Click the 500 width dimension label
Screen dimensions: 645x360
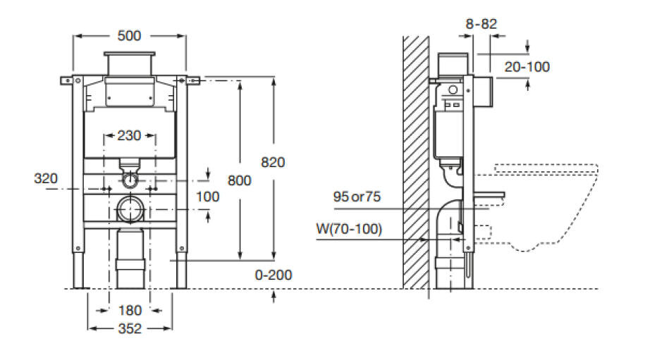click(x=129, y=36)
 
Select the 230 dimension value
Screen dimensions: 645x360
click(x=129, y=135)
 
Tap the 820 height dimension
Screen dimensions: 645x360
click(x=273, y=162)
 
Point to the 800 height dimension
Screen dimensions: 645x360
click(x=239, y=180)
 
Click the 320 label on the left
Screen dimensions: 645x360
click(x=46, y=179)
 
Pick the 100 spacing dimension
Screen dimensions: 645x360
click(x=207, y=197)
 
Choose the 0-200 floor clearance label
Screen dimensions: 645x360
click(x=274, y=275)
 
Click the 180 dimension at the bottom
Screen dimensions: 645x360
click(x=130, y=310)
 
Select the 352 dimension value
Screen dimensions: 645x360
click(x=130, y=328)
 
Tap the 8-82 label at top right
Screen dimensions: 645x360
click(x=481, y=24)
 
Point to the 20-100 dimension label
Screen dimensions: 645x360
click(x=527, y=66)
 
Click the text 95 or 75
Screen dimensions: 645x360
click(x=357, y=197)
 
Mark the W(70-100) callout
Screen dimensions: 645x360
click(x=349, y=229)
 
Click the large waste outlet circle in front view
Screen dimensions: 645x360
click(x=130, y=210)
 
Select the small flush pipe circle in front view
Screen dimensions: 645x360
click(x=130, y=180)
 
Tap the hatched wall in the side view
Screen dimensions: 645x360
click(x=416, y=162)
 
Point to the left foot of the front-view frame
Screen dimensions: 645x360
click(x=78, y=270)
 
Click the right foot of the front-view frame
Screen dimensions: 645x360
click(x=181, y=270)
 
